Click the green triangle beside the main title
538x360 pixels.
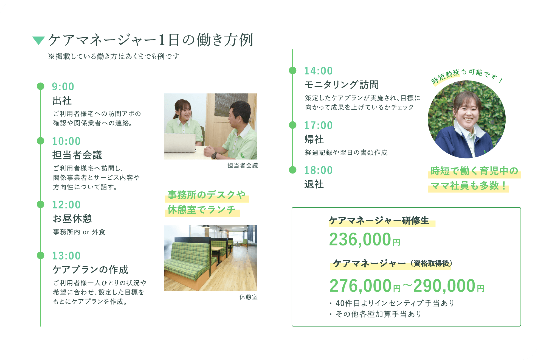pyautogui.click(x=38, y=40)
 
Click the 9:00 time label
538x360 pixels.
pyautogui.click(x=63, y=87)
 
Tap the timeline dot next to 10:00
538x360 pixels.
pyautogui.click(x=41, y=141)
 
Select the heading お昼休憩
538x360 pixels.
pyautogui.click(x=72, y=219)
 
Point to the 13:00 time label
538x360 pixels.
pyautogui.click(x=66, y=256)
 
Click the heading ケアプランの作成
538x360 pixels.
pyautogui.click(x=90, y=270)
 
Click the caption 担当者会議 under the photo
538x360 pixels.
pyautogui.click(x=243, y=166)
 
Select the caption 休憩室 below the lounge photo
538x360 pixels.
pyautogui.click(x=248, y=297)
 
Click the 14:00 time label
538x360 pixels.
pyautogui.click(x=318, y=71)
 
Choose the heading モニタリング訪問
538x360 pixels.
pyautogui.click(x=342, y=85)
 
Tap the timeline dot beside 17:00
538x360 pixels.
pyautogui.click(x=293, y=125)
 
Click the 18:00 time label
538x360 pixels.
pyautogui.click(x=318, y=171)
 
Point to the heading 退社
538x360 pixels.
pyautogui.click(x=314, y=184)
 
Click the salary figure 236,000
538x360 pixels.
pyautogui.click(x=360, y=239)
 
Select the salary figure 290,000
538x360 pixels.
pyautogui.click(x=444, y=286)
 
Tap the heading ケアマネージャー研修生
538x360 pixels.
pyautogui.click(x=379, y=221)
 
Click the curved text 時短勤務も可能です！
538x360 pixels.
pyautogui.click(x=466, y=76)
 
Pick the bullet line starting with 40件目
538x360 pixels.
pyautogui.click(x=392, y=303)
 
